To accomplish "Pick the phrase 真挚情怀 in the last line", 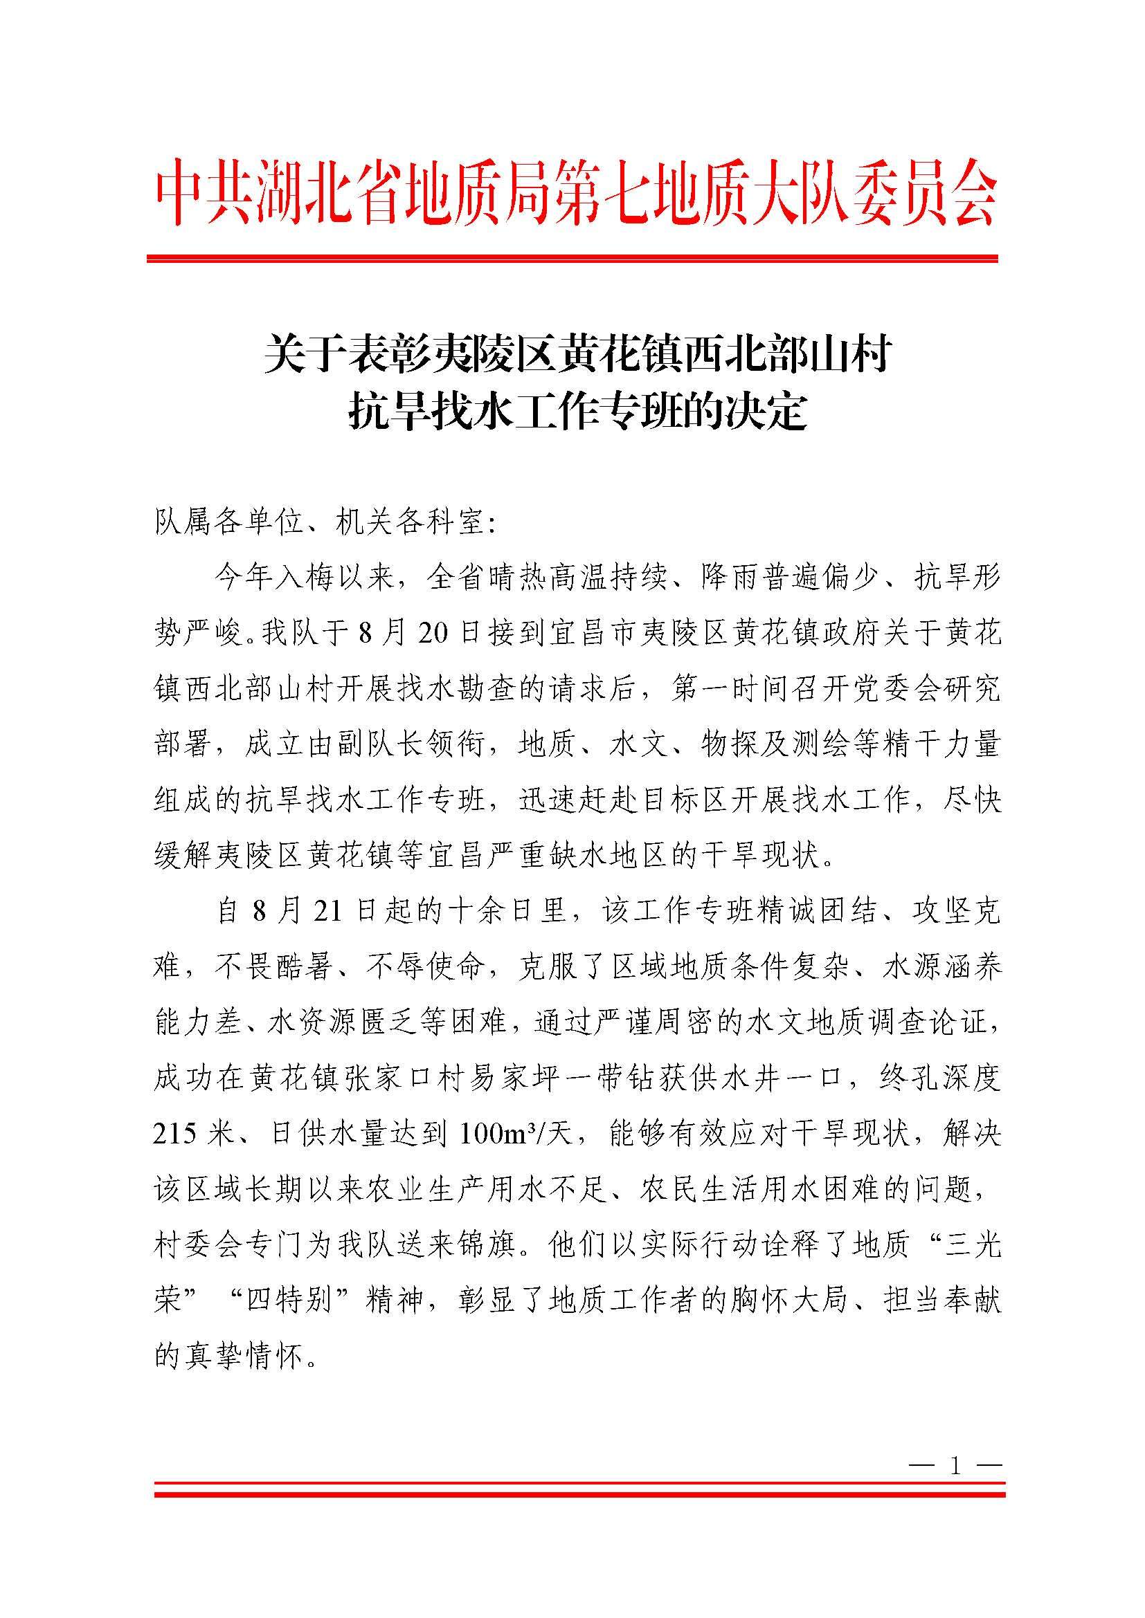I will pos(246,1357).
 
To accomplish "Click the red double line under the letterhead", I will pos(572,259).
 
